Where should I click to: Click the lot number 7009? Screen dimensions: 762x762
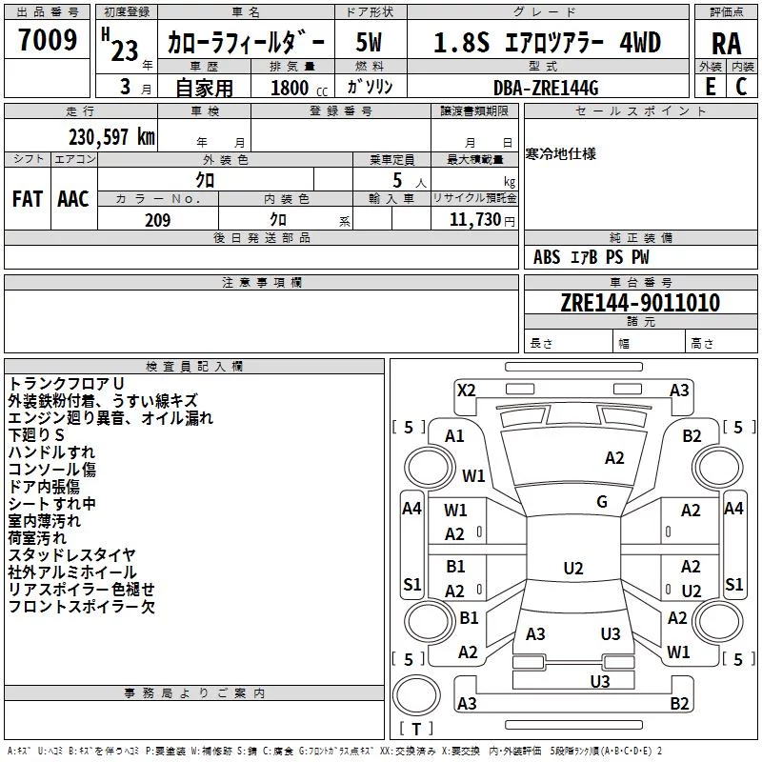[48, 39]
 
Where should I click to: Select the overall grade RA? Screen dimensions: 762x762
[727, 44]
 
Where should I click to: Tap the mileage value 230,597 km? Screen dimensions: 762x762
[111, 137]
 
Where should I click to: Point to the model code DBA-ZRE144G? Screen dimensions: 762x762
[546, 88]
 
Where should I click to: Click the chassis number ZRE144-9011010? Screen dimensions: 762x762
[640, 302]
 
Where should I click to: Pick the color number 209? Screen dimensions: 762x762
[158, 220]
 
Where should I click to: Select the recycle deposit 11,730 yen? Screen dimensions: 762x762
[482, 220]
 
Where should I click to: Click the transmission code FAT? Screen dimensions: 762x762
[28, 199]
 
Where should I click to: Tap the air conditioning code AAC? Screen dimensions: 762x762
[73, 199]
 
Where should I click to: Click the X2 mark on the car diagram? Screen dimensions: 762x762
[466, 391]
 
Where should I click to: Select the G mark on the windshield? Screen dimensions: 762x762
[602, 501]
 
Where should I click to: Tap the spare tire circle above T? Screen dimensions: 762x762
[416, 695]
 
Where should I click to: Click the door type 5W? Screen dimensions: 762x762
[369, 42]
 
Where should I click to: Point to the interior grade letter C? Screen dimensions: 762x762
[741, 87]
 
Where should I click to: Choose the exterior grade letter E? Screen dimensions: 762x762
[711, 87]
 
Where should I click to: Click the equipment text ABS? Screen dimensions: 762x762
[547, 256]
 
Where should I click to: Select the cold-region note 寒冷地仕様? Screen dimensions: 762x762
[561, 154]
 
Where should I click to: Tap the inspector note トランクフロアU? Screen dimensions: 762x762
[66, 384]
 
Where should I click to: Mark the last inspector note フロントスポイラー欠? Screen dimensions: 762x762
[82, 607]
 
